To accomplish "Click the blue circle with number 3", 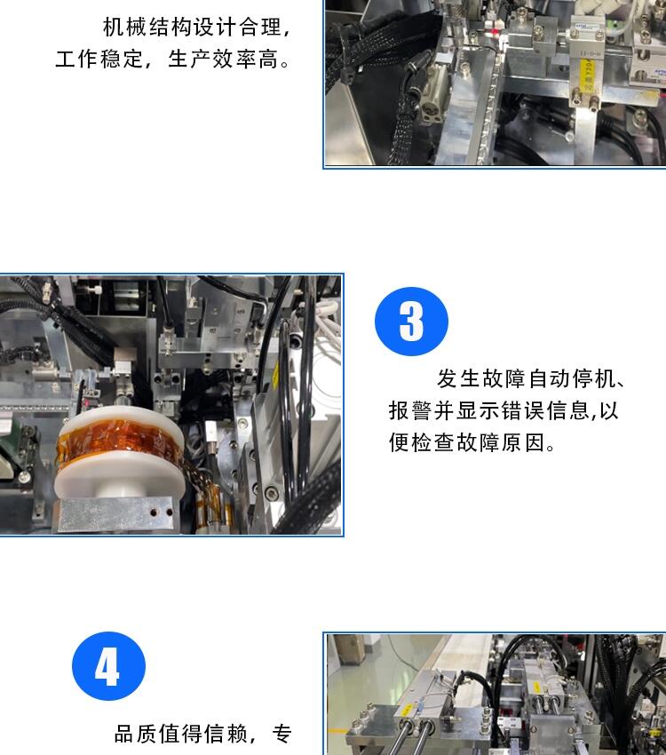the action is [x=411, y=322].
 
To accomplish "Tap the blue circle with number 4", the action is [x=108, y=666].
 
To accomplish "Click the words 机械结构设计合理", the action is [x=192, y=27].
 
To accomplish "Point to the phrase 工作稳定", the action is [x=99, y=60].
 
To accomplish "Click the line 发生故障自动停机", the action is [x=526, y=379].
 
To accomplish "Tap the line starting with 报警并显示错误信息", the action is [x=503, y=410].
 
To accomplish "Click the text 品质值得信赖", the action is [x=181, y=734].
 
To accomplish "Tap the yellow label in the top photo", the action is [x=588, y=74].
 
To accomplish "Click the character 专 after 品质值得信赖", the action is [x=282, y=734].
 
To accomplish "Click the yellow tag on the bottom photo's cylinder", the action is [x=536, y=687].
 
